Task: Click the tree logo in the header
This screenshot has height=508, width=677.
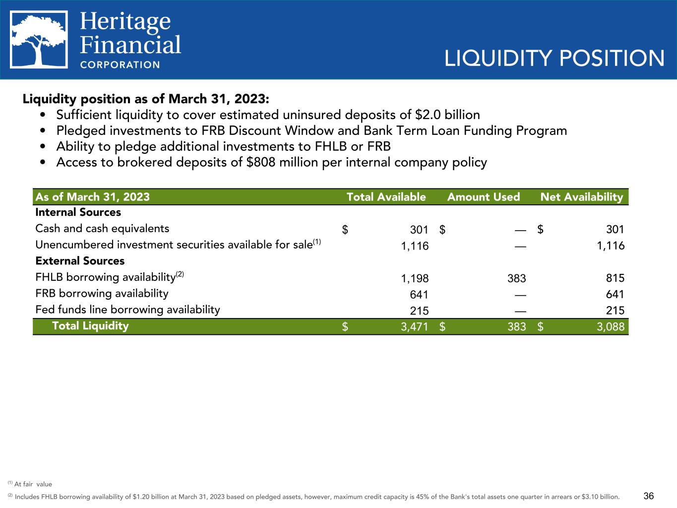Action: click(x=39, y=39)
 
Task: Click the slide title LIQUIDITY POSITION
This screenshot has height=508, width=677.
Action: click(x=554, y=59)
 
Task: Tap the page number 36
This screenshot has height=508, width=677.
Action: click(x=649, y=496)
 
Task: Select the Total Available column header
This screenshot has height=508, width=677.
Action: click(x=386, y=197)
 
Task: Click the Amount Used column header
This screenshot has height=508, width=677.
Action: click(x=483, y=197)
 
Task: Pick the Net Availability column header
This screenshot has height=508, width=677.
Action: click(x=581, y=197)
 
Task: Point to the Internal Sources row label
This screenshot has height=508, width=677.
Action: click(x=78, y=212)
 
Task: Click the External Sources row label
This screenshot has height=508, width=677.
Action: click(x=80, y=261)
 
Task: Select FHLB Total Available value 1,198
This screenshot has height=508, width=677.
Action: click(x=415, y=278)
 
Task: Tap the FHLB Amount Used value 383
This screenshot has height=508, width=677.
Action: click(x=516, y=278)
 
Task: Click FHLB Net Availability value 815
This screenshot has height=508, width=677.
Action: click(x=615, y=278)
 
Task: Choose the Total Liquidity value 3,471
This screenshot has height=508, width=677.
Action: click(x=414, y=327)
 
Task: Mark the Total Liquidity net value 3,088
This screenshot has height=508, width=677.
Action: click(x=610, y=327)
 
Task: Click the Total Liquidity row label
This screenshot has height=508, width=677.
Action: click(x=90, y=326)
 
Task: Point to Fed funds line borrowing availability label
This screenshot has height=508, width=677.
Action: click(x=127, y=310)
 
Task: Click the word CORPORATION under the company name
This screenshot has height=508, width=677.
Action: click(x=120, y=64)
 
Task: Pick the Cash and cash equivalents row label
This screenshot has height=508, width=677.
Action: click(x=102, y=228)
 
